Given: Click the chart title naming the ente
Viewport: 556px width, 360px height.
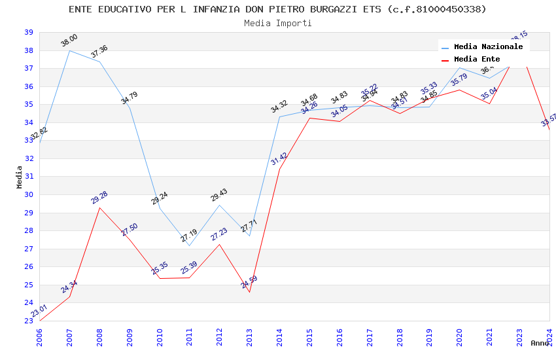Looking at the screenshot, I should click(277, 9).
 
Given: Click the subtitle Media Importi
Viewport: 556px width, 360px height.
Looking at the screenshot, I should click(277, 23).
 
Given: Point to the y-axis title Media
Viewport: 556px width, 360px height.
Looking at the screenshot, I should click(20, 177).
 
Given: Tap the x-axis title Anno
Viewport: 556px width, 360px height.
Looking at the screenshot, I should click(540, 343).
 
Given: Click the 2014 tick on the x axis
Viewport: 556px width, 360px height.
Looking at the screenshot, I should click(280, 334).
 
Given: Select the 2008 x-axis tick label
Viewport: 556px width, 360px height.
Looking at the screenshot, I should click(100, 334).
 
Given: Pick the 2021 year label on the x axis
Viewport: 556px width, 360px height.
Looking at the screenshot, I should click(490, 334).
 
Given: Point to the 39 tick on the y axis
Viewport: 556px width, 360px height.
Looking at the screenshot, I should click(29, 32).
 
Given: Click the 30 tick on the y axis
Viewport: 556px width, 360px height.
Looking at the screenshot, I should click(29, 194).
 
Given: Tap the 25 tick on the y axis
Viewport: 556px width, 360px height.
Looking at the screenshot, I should click(29, 285).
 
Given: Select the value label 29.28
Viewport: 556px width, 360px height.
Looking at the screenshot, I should click(99, 198).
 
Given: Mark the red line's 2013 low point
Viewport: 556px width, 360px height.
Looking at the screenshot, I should click(249, 292).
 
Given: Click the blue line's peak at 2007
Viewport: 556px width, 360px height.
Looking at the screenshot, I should click(70, 50).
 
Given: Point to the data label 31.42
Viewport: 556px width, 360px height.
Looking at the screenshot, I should click(279, 158).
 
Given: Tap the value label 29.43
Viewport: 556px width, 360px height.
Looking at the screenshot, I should click(219, 194).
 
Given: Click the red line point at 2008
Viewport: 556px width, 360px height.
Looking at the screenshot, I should click(99, 207).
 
